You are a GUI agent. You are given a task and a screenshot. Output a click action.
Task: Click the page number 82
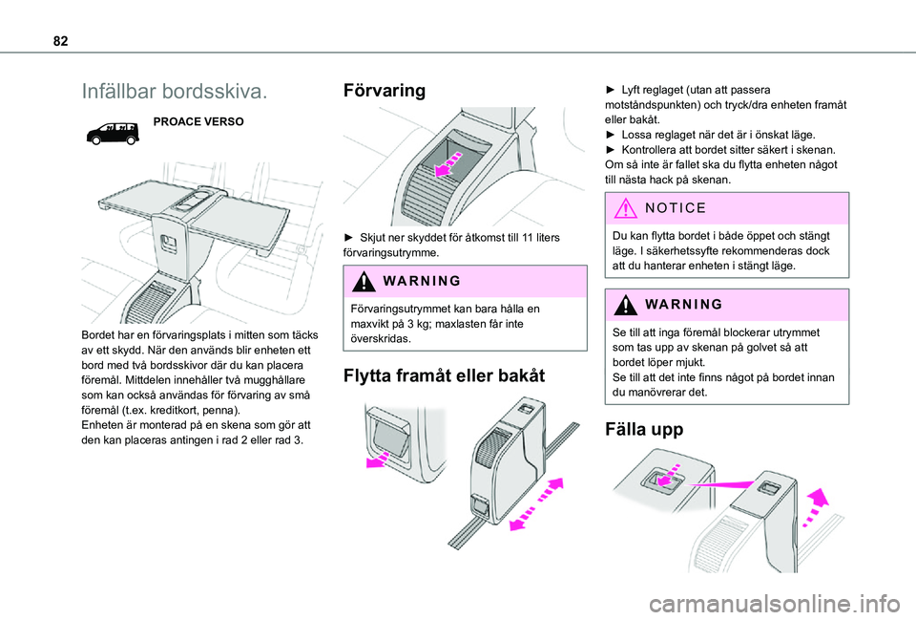tap(60, 41)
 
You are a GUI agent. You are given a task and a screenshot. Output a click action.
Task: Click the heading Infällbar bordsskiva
tap(175, 92)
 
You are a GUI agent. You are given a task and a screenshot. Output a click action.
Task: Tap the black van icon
tap(113, 134)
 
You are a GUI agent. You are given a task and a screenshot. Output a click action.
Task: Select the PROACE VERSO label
tap(198, 121)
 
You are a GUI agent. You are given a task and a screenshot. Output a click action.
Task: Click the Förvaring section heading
tap(385, 91)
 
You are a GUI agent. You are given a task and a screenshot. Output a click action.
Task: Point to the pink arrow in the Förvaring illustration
tap(448, 163)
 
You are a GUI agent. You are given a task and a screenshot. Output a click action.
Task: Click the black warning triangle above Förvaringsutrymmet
tap(364, 281)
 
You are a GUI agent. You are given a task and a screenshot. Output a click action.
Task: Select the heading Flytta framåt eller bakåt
tap(444, 375)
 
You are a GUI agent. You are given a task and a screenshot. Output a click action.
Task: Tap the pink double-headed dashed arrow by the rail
tap(536, 504)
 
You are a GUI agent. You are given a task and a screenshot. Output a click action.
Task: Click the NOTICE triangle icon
tap(626, 208)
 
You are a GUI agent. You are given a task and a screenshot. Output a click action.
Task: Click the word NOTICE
tap(676, 208)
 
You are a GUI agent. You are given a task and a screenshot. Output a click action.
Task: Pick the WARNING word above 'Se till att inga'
tap(684, 304)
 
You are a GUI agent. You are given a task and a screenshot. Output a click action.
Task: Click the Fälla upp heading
tap(644, 429)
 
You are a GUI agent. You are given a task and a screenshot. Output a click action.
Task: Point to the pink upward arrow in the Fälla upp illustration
tap(816, 506)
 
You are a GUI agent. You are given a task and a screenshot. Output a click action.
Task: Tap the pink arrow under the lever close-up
tap(378, 460)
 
